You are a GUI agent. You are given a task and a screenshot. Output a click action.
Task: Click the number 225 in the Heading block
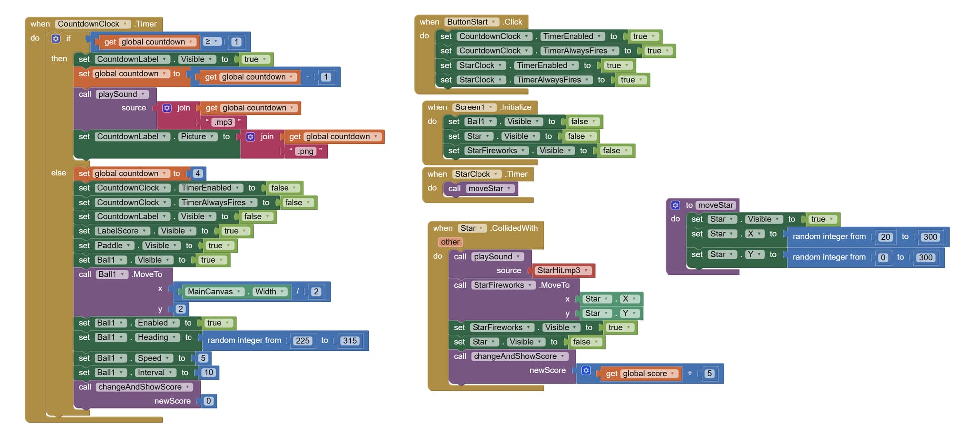point(302,341)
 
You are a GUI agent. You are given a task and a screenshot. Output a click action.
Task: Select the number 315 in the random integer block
point(350,341)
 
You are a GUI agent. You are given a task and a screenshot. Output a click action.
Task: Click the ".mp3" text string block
point(223,122)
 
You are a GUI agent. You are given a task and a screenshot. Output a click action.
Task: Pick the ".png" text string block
point(305,151)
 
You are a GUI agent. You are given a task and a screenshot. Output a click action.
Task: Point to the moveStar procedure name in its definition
point(715,205)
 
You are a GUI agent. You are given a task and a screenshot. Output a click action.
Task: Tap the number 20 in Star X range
point(885,237)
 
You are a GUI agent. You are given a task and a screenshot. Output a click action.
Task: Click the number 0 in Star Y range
point(883,258)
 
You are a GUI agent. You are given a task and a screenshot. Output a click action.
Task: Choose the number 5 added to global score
point(709,374)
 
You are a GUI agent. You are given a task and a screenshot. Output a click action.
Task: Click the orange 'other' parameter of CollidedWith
point(450,242)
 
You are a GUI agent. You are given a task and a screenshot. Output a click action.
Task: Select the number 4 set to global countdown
point(198,174)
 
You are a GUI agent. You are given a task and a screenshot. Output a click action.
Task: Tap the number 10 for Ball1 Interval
point(208,373)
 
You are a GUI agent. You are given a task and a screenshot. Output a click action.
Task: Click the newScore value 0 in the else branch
point(208,401)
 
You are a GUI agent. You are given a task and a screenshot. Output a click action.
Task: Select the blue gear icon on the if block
point(56,38)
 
